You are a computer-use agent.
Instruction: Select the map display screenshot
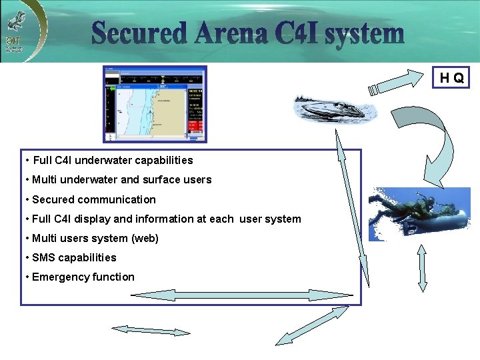(x=155, y=104)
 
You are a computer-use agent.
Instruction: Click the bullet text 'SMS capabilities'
(x=74, y=257)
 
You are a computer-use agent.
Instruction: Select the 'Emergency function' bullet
(x=83, y=277)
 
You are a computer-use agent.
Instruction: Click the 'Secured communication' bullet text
(x=94, y=199)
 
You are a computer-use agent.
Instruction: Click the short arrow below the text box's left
(x=151, y=330)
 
